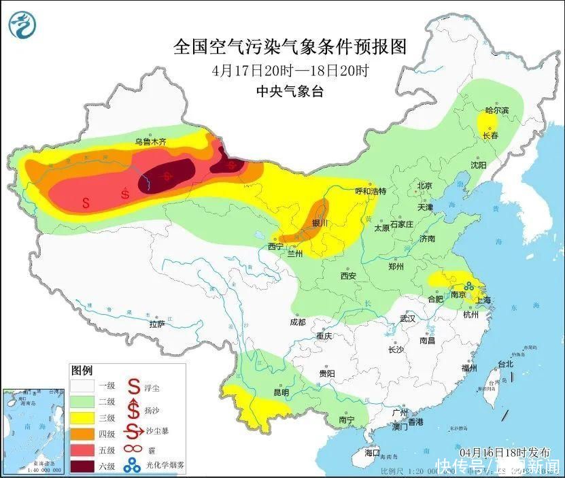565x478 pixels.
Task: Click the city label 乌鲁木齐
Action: click(x=150, y=141)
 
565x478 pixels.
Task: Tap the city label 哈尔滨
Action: click(x=496, y=110)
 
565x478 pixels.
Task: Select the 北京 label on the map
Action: click(x=424, y=185)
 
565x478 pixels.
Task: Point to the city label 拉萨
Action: click(x=157, y=324)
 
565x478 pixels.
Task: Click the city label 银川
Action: click(x=320, y=223)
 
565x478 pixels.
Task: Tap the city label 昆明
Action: click(x=281, y=392)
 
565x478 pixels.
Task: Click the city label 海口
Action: click(x=372, y=452)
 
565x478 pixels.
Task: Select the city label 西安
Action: click(x=349, y=275)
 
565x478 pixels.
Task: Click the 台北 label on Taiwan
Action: click(x=507, y=364)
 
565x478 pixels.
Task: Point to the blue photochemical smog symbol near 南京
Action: click(x=470, y=288)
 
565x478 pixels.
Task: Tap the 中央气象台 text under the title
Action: click(x=290, y=92)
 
